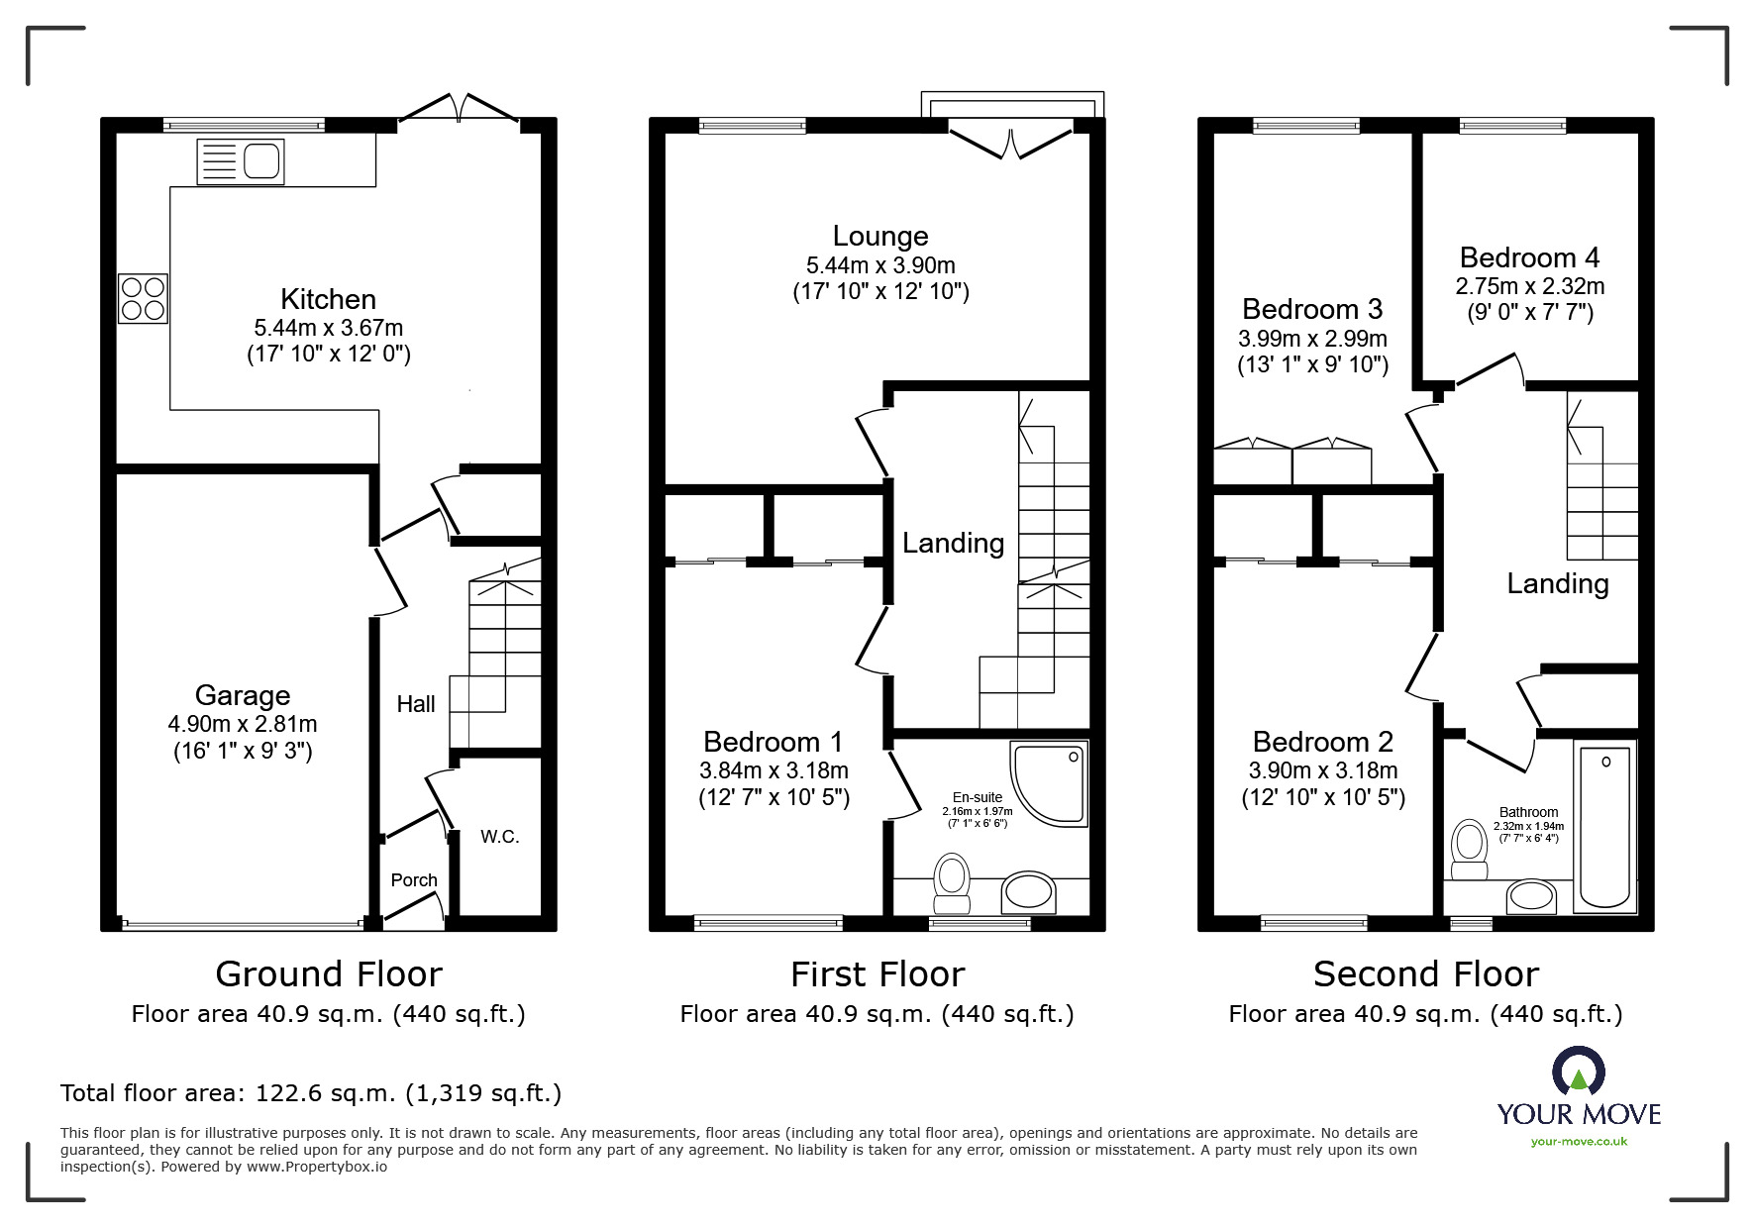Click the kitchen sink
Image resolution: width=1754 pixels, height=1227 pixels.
(241, 161)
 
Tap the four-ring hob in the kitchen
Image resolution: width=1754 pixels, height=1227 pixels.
(143, 298)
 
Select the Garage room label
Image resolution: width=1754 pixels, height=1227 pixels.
(243, 695)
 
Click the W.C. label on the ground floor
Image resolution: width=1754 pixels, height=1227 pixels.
(500, 837)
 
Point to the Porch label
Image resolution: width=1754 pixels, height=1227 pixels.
(414, 879)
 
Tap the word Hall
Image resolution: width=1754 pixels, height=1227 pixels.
(416, 704)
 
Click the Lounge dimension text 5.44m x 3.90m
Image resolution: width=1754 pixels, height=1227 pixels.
(880, 265)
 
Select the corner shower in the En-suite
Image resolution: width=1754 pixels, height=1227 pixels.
(1049, 783)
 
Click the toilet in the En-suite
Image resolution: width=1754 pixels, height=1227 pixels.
(952, 883)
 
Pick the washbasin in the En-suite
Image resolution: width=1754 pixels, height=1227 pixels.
(1029, 893)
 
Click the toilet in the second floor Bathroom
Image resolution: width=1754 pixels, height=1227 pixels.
(1469, 850)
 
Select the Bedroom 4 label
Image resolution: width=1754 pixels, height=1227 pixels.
(1530, 257)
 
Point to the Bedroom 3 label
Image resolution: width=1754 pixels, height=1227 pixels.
(1312, 310)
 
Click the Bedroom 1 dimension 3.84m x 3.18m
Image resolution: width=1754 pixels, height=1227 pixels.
(774, 770)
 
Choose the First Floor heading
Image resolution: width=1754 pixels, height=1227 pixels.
(877, 974)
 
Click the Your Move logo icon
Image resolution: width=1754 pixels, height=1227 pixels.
(1579, 1074)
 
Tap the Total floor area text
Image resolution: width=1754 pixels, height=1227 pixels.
(311, 1093)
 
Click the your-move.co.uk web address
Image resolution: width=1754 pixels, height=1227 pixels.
(1579, 1142)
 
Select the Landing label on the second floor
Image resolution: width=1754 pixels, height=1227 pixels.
(1558, 584)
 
